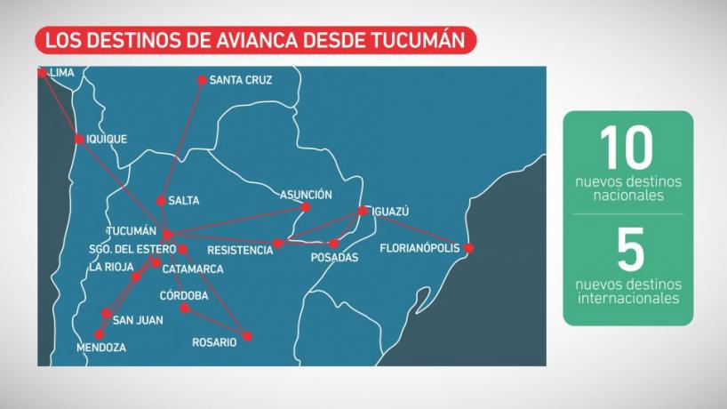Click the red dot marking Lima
coord(42,73)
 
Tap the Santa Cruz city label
coord(240,80)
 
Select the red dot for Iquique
coord(79,139)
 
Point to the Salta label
coord(183,201)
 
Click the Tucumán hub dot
coord(166,234)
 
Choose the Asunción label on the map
coord(306,194)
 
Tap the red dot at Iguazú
coord(363,211)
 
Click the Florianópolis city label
coord(419,248)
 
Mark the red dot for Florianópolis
coord(469,248)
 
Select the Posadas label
coord(334,258)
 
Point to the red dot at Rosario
coord(247,336)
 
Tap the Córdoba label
coord(184,295)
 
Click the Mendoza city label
coord(101,348)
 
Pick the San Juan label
coord(138,320)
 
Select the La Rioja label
coord(111,267)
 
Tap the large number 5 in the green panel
coord(629,251)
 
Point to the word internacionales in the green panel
coord(628,298)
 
